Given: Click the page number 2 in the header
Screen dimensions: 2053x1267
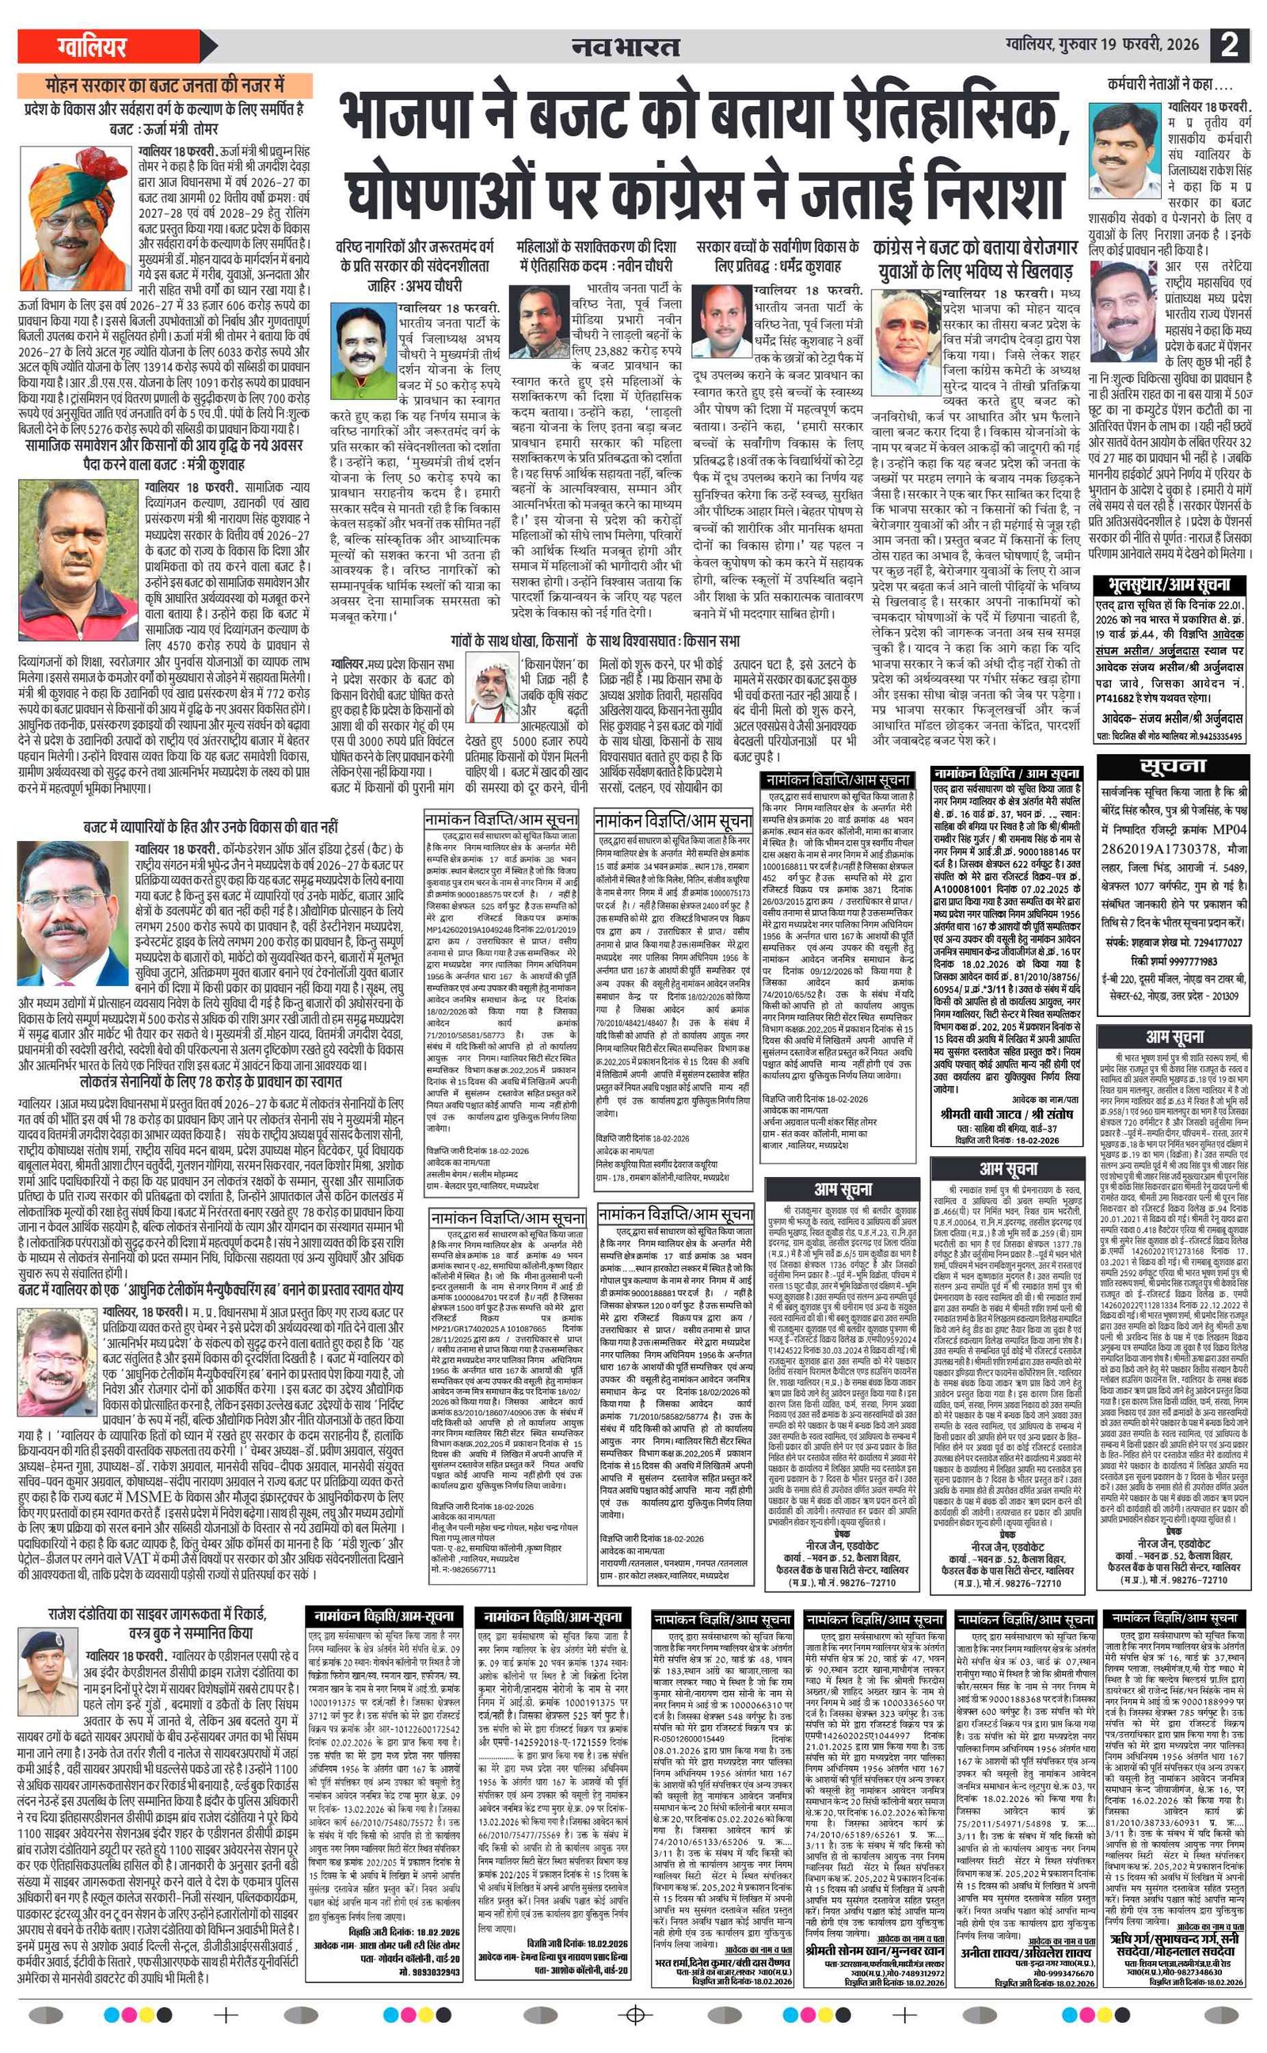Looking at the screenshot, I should click(1228, 44).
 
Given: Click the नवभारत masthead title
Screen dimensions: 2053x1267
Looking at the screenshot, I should click(625, 47).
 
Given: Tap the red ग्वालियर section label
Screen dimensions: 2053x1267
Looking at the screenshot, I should click(93, 45).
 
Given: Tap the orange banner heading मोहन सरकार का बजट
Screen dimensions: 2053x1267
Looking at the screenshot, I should click(165, 85).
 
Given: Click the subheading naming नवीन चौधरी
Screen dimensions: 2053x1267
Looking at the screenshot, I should click(595, 256).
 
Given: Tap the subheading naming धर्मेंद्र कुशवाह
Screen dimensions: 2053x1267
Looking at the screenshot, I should click(777, 256).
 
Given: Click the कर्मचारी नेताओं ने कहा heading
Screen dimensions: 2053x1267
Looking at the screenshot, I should click(1170, 85).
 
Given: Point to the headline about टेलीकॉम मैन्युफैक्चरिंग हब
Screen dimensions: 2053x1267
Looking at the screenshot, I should click(211, 1289).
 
